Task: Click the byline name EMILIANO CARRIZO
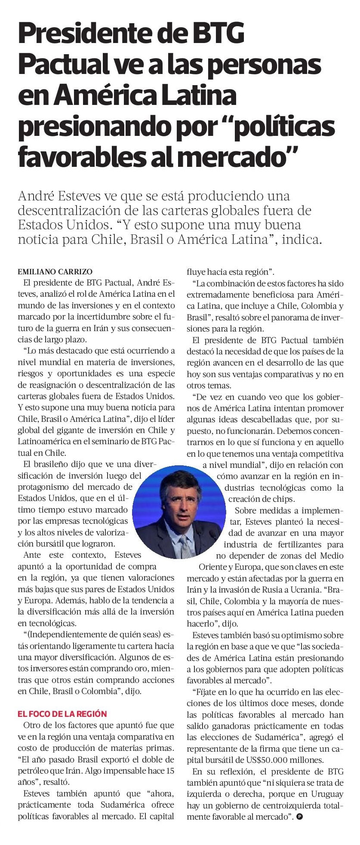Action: coord(55,272)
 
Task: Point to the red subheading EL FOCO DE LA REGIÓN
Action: coord(62,714)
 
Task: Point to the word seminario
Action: coord(116,441)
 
